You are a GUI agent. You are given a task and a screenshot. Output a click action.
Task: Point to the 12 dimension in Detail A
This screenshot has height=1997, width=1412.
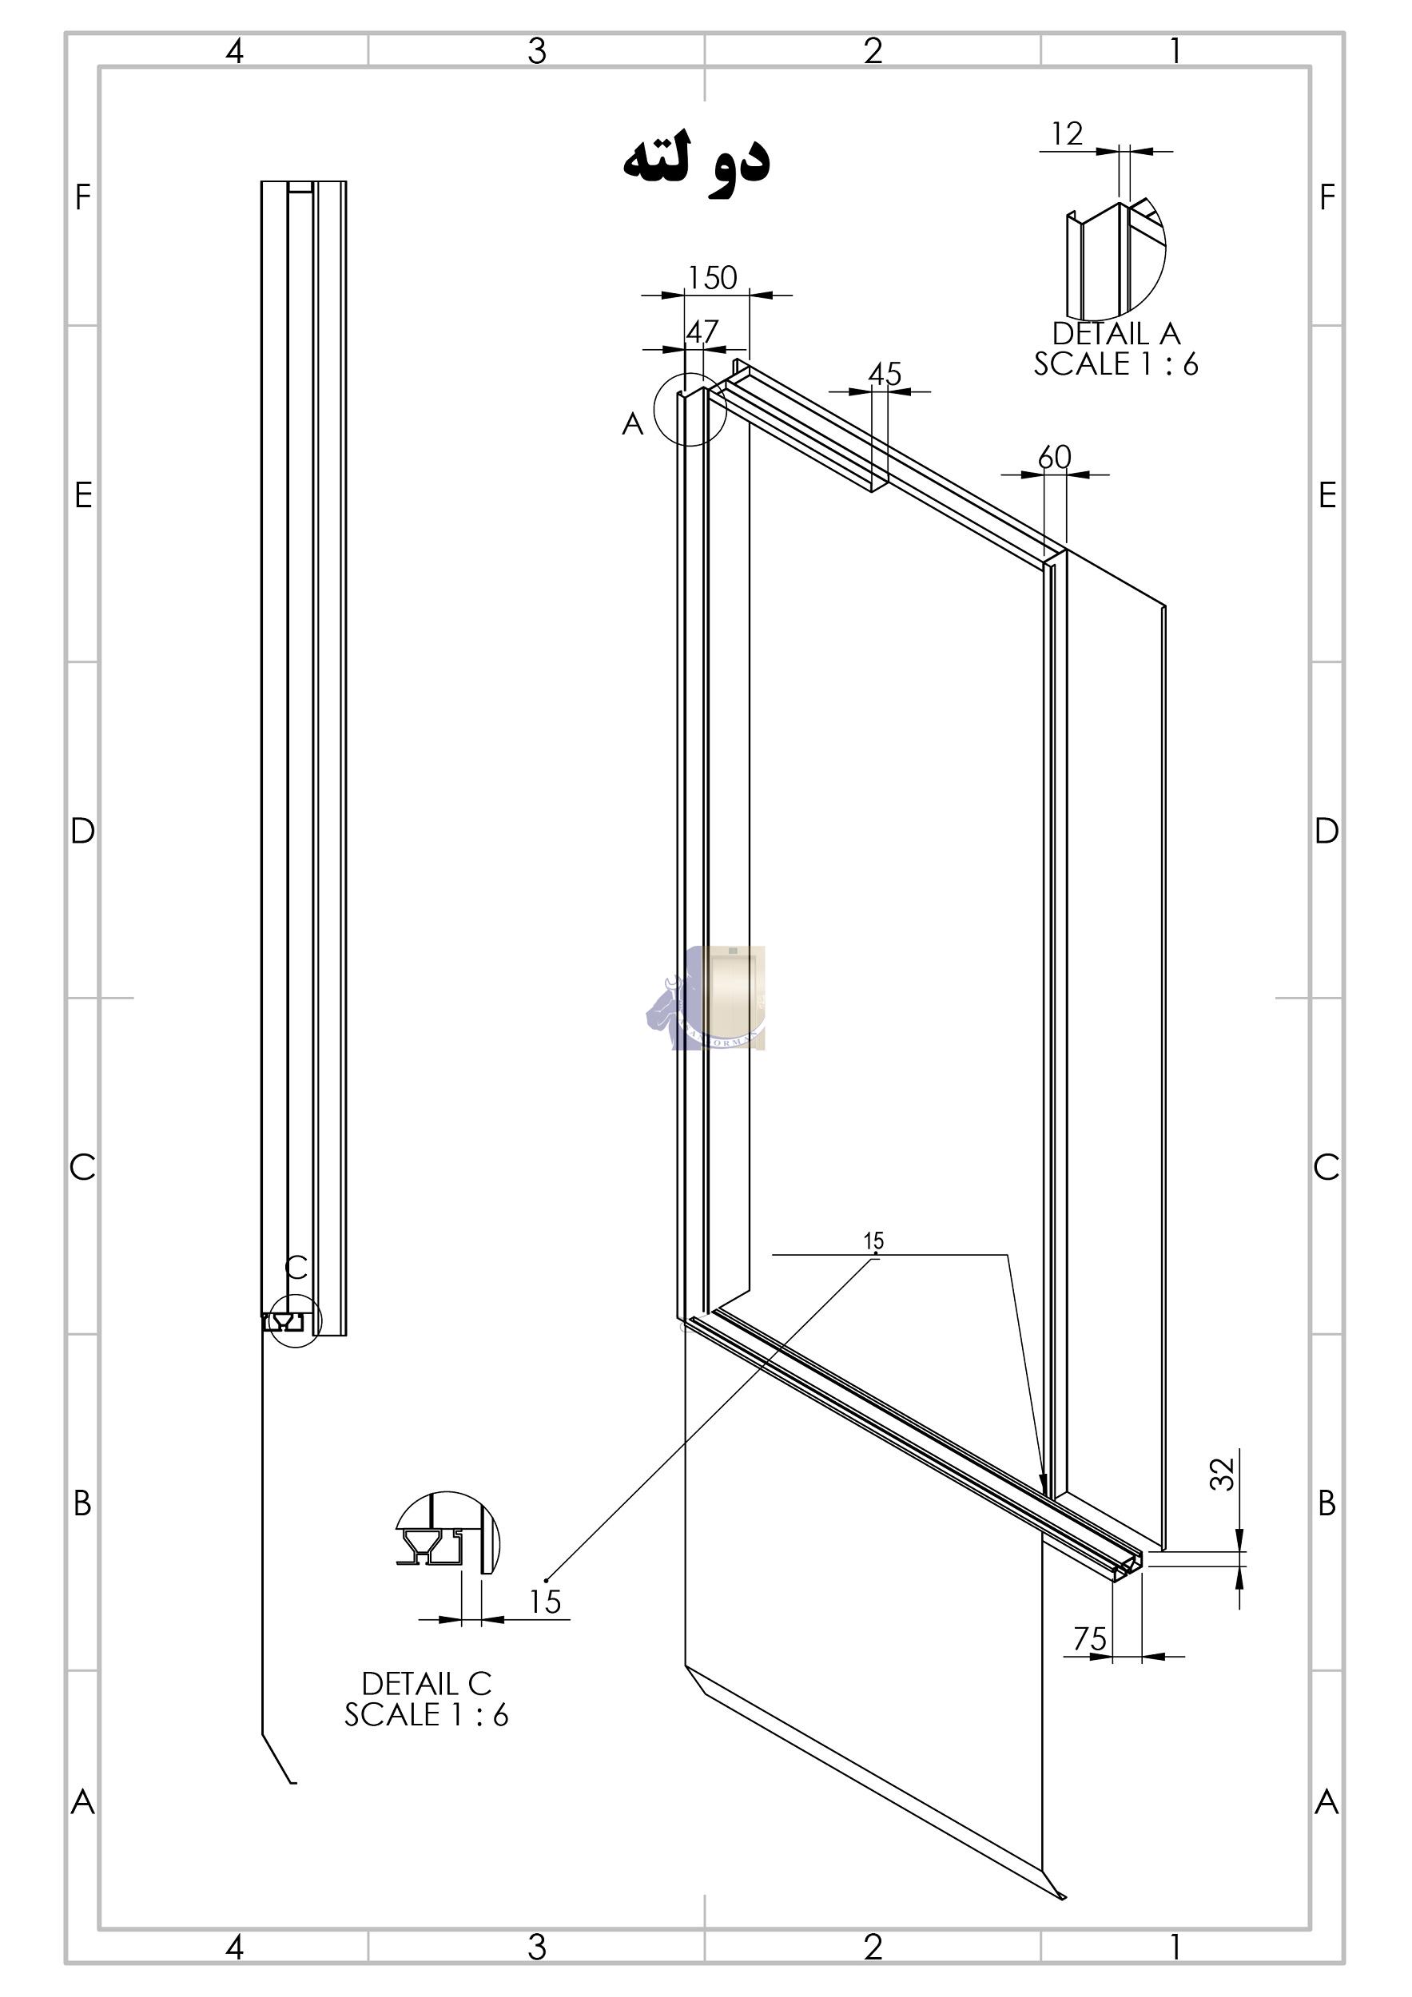1067,133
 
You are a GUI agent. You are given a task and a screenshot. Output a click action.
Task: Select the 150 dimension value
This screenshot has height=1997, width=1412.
713,277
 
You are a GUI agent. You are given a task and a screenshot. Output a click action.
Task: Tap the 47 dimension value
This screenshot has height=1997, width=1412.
702,332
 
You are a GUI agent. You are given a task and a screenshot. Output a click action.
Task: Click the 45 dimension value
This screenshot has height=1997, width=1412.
885,374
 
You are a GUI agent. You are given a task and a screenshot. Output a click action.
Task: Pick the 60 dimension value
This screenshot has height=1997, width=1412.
1055,458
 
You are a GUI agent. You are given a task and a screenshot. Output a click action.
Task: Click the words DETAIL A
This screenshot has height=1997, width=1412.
1116,333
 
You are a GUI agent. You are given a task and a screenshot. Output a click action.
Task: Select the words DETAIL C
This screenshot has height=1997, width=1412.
426,1685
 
